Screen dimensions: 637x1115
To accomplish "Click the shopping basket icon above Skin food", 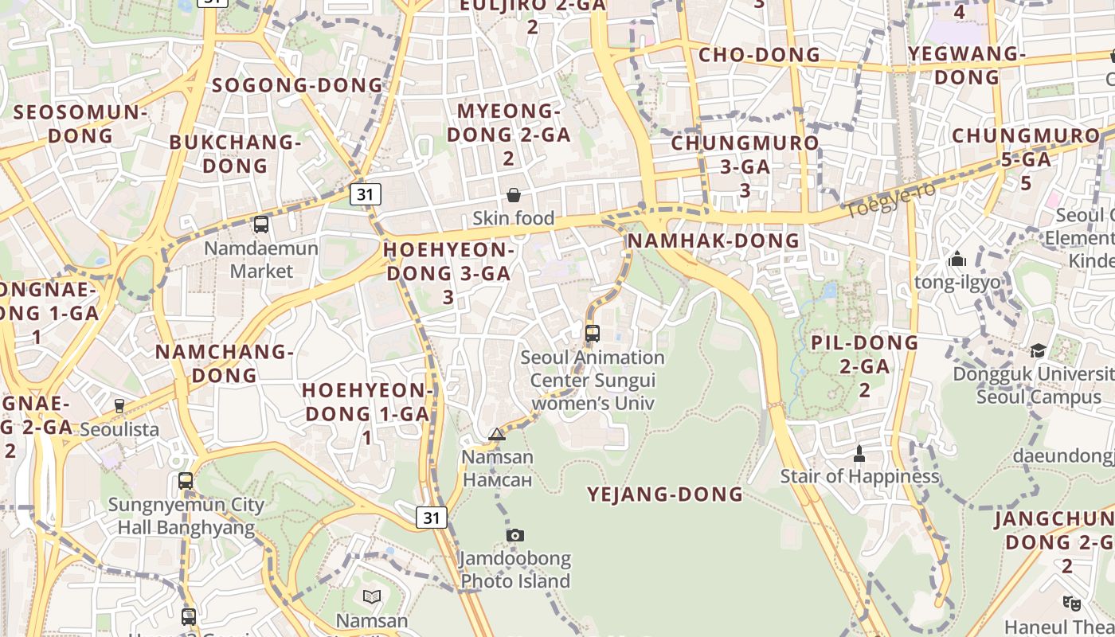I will pos(514,195).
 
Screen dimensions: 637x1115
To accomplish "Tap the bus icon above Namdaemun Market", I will pos(260,225).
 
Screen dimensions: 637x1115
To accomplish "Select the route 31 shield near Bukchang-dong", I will pos(365,193).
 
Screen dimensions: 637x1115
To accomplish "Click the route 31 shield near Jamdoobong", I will pos(431,518).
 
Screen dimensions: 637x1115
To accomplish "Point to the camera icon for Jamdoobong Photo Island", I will pos(515,535).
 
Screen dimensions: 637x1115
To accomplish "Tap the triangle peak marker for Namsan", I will pos(497,434).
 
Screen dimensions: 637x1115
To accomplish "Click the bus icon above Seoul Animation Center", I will pos(592,334).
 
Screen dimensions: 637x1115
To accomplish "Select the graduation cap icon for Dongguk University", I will pos(1038,350).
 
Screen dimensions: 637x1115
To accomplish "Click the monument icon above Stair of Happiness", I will pos(859,454).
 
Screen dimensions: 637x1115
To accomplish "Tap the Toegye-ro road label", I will pos(890,200).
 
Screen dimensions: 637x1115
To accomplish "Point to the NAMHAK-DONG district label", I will pos(713,240).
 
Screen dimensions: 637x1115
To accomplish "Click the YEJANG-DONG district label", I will pos(664,494).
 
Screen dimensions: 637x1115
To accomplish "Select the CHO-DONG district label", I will pos(758,55).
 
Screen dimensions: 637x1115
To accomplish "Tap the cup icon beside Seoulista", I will pos(119,406).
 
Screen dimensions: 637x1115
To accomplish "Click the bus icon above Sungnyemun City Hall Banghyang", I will pos(186,481).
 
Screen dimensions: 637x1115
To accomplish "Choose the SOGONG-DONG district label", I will pos(297,85).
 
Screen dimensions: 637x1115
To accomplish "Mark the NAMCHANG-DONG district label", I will pos(224,363).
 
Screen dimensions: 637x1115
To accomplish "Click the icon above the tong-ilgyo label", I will pos(957,259).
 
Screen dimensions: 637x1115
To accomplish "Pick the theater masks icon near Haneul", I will pos(1071,603).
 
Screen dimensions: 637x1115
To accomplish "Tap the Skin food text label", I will pos(514,217).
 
